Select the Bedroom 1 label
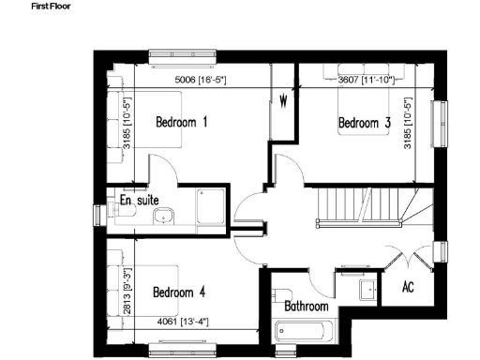click(x=182, y=123)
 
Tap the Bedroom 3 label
click(x=364, y=123)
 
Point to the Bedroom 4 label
click(x=179, y=292)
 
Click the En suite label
click(x=138, y=200)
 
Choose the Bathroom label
click(x=307, y=307)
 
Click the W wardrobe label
click(x=282, y=100)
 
